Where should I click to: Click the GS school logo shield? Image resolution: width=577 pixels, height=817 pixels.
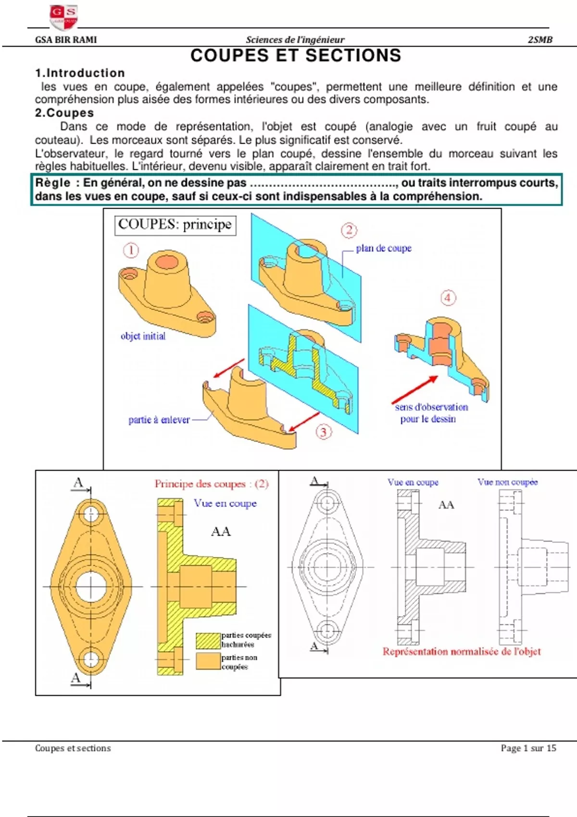(x=63, y=16)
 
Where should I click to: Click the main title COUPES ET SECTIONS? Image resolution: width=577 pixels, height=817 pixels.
(x=296, y=56)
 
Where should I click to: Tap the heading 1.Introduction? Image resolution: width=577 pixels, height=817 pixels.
(x=80, y=73)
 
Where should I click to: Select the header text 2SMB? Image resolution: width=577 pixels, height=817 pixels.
(x=540, y=40)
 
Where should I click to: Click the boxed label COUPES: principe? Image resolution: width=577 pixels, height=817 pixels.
(x=175, y=224)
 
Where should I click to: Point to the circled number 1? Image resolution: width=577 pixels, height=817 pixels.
(x=131, y=250)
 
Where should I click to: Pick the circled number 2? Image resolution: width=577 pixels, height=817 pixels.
(x=349, y=230)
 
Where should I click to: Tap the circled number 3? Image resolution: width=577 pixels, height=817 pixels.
(x=323, y=432)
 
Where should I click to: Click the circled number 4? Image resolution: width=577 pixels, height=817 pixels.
(x=448, y=298)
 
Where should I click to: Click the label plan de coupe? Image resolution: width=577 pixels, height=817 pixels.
(x=384, y=248)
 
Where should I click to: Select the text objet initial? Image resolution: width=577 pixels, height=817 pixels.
(x=143, y=336)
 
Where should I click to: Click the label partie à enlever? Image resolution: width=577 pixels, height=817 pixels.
(x=159, y=420)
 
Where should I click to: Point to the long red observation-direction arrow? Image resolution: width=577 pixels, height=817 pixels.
(x=414, y=390)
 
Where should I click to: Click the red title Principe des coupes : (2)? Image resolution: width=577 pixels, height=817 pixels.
(x=212, y=484)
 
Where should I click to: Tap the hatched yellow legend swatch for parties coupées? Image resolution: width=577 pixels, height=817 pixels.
(x=208, y=641)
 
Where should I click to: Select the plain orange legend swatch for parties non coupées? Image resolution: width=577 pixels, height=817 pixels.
(x=208, y=661)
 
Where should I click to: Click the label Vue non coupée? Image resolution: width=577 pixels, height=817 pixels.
(x=507, y=482)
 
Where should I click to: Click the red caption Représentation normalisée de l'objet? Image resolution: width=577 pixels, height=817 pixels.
(x=462, y=652)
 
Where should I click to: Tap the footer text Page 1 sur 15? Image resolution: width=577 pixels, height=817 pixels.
(x=528, y=748)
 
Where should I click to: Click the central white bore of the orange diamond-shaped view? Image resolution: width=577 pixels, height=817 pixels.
(x=91, y=586)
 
